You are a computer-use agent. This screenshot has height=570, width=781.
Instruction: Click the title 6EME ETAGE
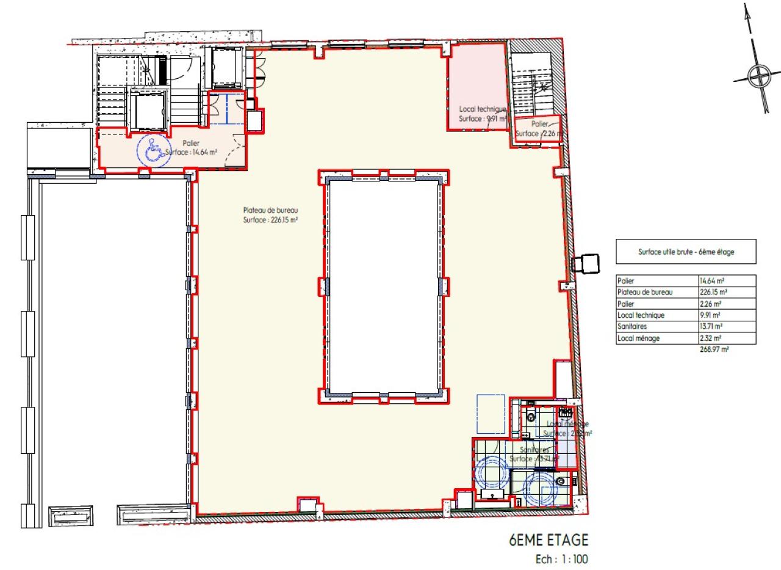(x=549, y=540)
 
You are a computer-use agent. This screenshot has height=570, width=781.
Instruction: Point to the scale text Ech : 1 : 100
(x=559, y=558)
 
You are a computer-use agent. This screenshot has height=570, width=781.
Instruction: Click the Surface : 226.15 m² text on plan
(x=270, y=220)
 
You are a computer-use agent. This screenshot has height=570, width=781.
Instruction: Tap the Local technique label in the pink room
(x=483, y=109)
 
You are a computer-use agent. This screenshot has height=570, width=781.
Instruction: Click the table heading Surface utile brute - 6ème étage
(x=686, y=251)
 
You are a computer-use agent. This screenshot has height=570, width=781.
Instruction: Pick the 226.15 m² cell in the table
(x=713, y=292)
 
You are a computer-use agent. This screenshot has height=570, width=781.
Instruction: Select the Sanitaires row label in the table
(x=632, y=326)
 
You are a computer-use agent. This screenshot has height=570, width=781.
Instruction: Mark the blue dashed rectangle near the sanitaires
(x=491, y=414)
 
